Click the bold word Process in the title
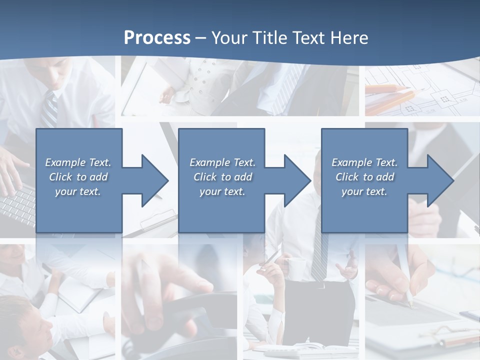click(157, 38)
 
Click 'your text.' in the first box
click(78, 191)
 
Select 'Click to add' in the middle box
click(222, 177)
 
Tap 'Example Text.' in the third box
click(364, 162)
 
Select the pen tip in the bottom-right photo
click(410, 304)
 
